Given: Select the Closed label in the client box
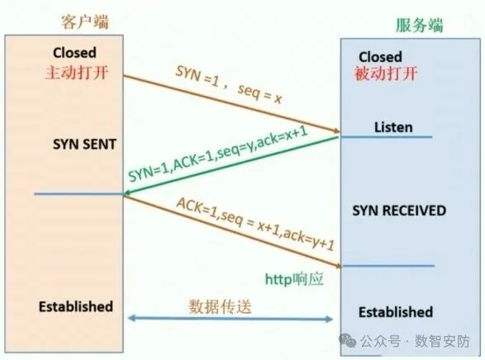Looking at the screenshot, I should coord(75,52).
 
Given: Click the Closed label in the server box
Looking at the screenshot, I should coord(380,57).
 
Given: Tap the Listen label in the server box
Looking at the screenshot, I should coord(392,127).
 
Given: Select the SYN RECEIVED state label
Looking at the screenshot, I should coord(399,211).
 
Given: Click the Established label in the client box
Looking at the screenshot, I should coord(75,306).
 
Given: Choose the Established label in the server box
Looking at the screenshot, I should coord(395,312).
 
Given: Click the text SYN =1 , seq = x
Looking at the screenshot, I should coord(229,85).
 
